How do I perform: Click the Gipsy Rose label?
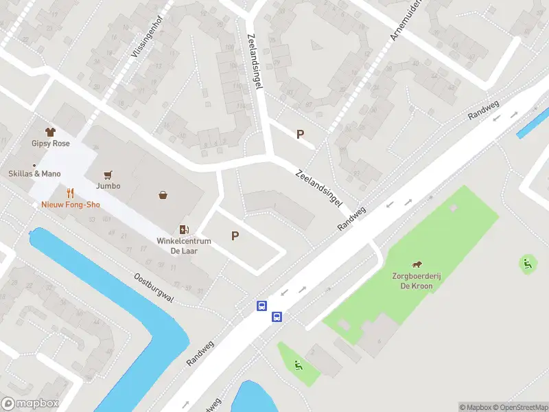[51, 144]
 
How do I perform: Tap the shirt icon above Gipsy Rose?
[50, 131]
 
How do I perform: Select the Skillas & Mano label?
[34, 174]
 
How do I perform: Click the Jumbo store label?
[108, 186]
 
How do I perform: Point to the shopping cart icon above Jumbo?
[108, 175]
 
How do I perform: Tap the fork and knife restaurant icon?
[69, 193]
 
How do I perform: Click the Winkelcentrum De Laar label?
[183, 247]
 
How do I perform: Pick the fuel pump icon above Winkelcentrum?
[183, 229]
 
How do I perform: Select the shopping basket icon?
[163, 196]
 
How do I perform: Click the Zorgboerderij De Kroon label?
[417, 282]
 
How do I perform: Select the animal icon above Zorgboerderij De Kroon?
[417, 265]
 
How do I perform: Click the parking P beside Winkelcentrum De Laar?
[235, 236]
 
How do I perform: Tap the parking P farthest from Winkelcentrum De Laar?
[300, 135]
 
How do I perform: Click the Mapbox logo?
[30, 404]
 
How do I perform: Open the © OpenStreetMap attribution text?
[524, 407]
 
